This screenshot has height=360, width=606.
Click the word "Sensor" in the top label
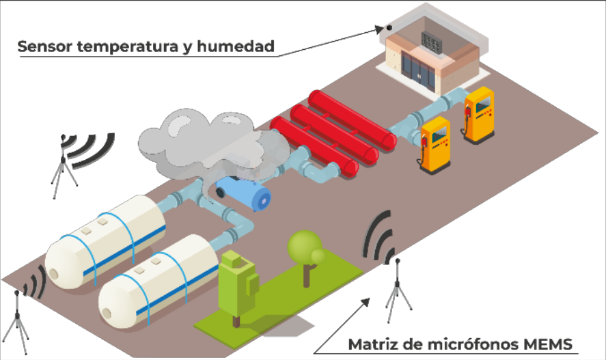point(44,47)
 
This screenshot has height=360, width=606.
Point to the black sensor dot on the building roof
point(388,28)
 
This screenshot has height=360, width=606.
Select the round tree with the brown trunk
point(305,250)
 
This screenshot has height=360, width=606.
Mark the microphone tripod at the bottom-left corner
point(16,321)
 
